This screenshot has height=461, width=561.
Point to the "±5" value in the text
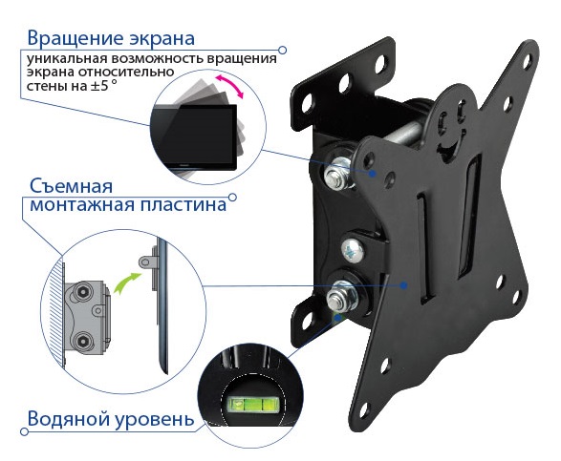pos(99,86)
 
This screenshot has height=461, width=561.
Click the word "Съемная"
pos(71,186)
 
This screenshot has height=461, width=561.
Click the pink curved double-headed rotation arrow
pos(229,86)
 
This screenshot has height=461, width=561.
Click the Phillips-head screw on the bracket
pos(353,249)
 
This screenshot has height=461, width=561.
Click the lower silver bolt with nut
pos(341,295)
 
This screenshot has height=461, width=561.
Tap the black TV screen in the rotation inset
pos(194,136)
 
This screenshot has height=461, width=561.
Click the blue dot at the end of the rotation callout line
pos(373,174)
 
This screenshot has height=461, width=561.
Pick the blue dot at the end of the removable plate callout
pos(403,285)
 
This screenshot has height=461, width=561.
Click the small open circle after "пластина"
pos(232,198)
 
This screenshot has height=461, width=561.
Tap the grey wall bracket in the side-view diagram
pos(86,318)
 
